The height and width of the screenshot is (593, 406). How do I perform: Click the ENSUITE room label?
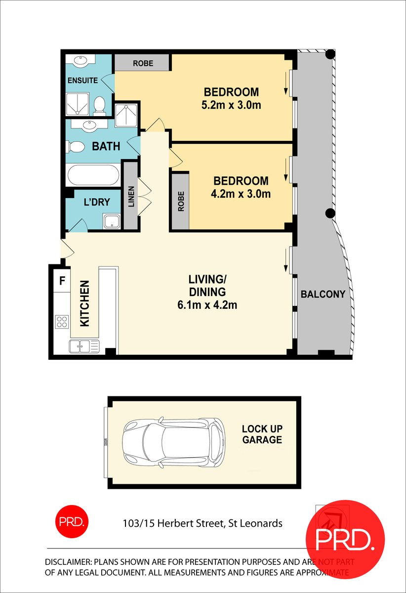[82, 80]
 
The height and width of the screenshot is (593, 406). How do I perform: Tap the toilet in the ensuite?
[99, 106]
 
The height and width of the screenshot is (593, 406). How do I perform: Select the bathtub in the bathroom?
[93, 175]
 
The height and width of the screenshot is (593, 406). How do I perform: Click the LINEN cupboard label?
[131, 196]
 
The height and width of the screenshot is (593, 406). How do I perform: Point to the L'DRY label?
[97, 202]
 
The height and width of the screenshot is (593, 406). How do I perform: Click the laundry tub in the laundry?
[112, 221]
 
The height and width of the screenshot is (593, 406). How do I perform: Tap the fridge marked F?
[62, 281]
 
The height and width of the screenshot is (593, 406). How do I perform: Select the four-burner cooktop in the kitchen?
[62, 322]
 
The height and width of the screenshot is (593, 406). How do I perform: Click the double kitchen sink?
[84, 346]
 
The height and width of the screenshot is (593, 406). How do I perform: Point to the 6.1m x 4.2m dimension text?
[207, 305]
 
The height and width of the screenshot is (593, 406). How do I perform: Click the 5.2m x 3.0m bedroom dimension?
[231, 105]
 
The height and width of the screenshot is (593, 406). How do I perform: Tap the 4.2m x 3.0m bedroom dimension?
[241, 194]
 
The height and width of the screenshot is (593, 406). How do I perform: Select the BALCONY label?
[323, 294]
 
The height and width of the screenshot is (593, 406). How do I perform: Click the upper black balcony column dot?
[330, 54]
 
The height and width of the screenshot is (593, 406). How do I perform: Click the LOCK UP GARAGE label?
[262, 434]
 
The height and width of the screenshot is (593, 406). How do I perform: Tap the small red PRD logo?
[72, 521]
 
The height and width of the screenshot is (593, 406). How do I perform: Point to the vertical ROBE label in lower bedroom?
[181, 202]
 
